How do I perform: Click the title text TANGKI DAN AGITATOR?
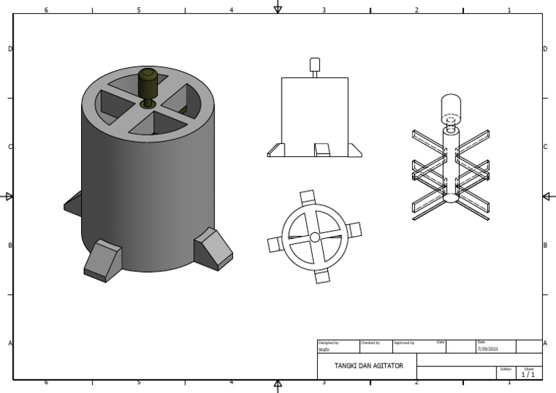(367, 365)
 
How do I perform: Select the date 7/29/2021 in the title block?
(487, 350)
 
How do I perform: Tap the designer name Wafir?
(324, 350)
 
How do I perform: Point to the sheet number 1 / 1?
(528, 374)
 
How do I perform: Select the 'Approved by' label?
(403, 342)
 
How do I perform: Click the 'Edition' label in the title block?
(505, 368)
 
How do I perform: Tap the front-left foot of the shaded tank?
(103, 260)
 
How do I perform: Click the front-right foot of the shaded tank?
(213, 248)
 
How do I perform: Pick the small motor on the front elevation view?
(314, 64)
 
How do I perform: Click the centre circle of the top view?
(315, 237)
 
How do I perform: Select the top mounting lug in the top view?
(307, 197)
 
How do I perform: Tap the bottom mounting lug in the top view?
(322, 276)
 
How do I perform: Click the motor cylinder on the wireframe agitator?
(451, 109)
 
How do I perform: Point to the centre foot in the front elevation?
(321, 150)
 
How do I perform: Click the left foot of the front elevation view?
(274, 150)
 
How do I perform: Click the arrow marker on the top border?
(277, 7)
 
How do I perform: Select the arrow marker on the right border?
(548, 196)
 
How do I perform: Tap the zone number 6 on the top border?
(46, 10)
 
